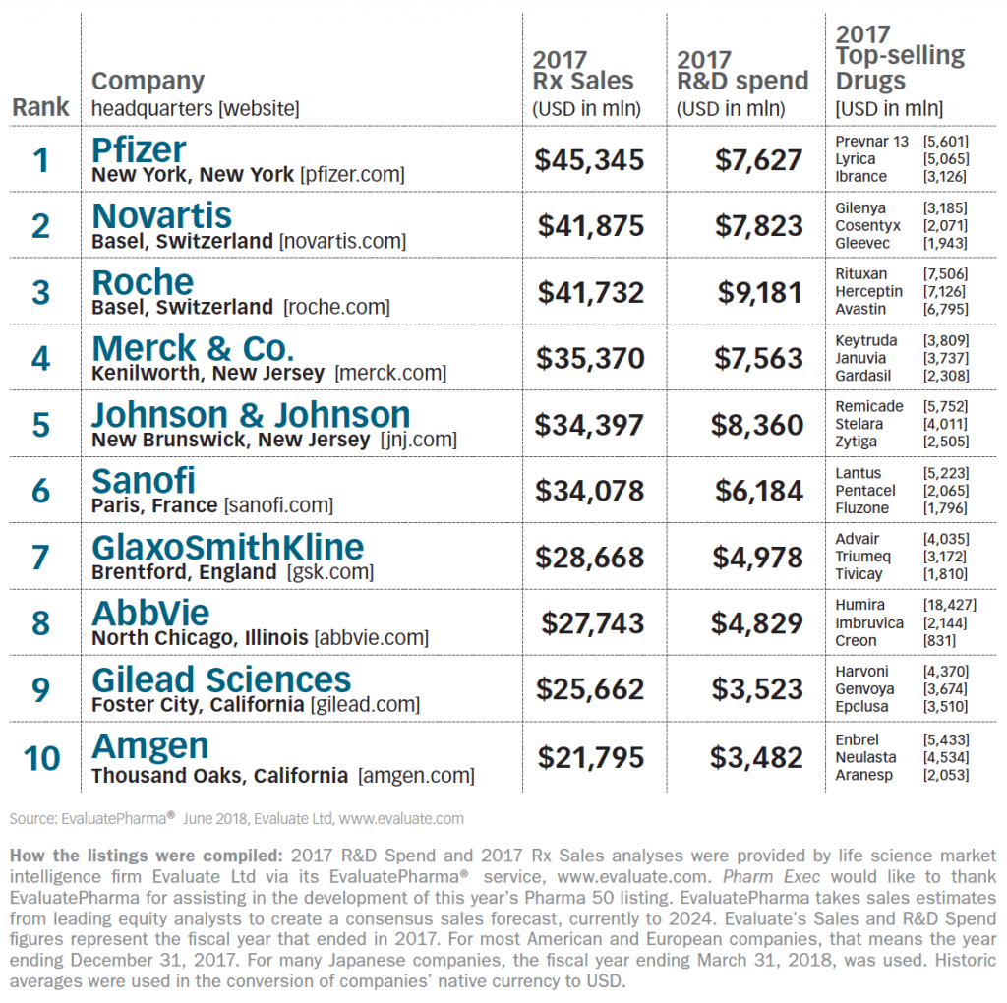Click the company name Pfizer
click(139, 149)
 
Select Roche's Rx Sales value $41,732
click(590, 292)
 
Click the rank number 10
click(41, 758)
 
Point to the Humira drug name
click(860, 605)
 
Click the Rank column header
click(41, 107)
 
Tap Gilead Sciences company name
click(221, 679)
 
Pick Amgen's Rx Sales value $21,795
click(590, 758)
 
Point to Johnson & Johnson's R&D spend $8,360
click(757, 425)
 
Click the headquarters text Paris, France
click(154, 506)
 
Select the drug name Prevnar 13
click(871, 142)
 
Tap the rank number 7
click(41, 557)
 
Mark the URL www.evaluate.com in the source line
click(401, 818)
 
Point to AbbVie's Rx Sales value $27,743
click(593, 623)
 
